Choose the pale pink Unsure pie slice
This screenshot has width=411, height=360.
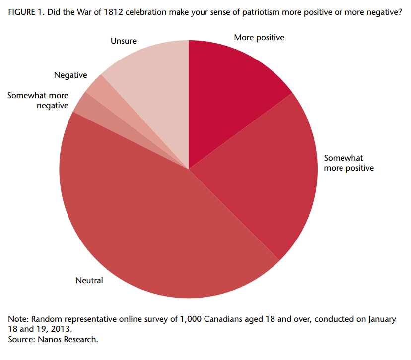tap(154, 84)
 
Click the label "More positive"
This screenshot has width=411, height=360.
tap(259, 38)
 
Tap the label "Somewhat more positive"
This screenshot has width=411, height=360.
tap(348, 163)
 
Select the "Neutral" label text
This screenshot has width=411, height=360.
tap(89, 281)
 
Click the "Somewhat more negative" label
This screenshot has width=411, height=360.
tap(38, 100)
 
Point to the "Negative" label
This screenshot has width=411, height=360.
tap(70, 75)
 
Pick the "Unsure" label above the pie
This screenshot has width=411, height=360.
tap(123, 41)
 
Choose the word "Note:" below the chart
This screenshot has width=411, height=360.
tap(18, 319)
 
